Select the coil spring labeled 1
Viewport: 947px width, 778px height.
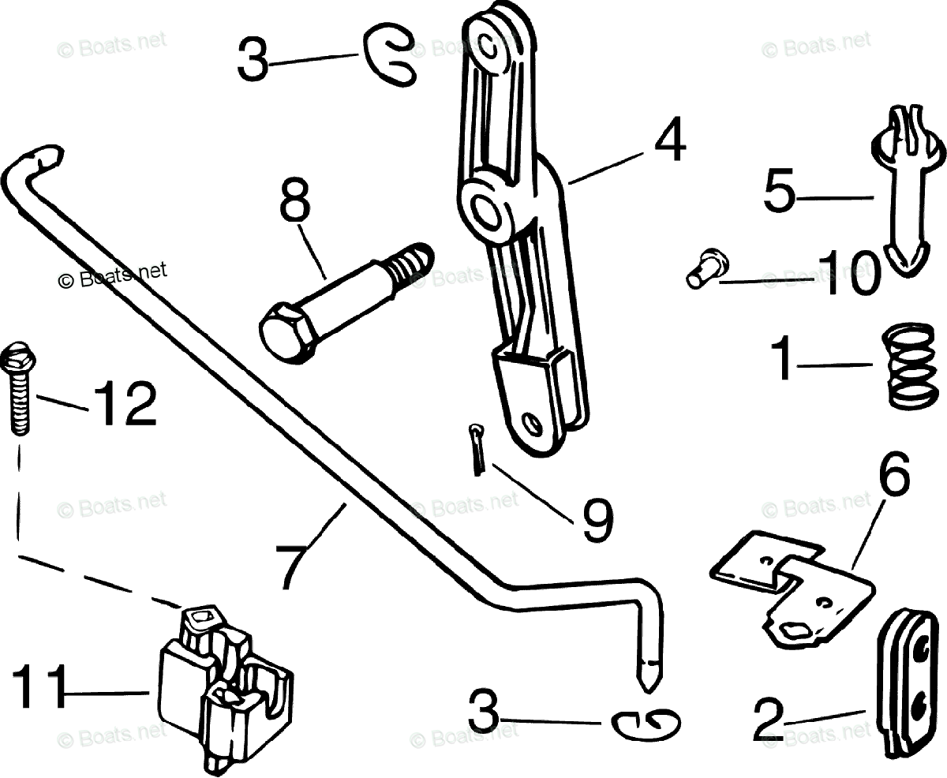coord(900,365)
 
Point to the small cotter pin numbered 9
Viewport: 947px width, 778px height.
coord(476,450)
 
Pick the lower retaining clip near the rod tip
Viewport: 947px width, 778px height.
coord(646,724)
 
